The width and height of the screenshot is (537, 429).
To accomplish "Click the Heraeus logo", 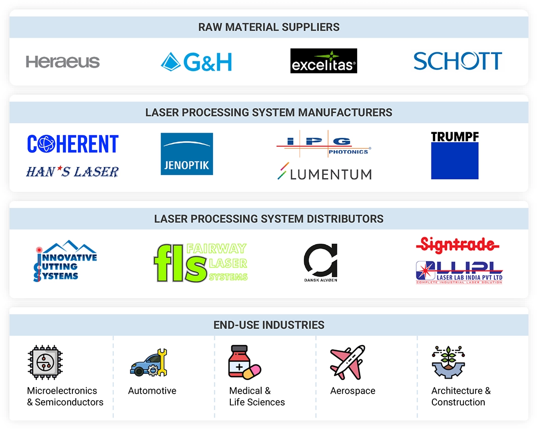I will coord(63,62).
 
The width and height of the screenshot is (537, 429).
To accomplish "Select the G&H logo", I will coord(196,62).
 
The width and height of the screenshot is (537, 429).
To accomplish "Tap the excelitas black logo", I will coord(324,61).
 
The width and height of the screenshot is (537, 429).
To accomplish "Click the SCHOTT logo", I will coord(458,61).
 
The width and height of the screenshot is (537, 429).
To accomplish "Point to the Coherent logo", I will coord(73,144).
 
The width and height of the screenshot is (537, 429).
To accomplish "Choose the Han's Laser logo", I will coord(73,172).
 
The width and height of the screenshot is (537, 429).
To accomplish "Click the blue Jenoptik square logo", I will coord(187,154).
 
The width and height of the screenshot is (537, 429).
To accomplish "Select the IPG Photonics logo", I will coord(324,145).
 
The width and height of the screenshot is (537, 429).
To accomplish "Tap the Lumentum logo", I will coord(324,173).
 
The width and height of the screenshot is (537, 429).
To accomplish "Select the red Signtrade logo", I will coord(457,245).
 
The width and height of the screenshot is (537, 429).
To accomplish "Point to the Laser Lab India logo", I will coord(459,273).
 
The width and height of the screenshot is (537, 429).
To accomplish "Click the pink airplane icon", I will coord(347,362).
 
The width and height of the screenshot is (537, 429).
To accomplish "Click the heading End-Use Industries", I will coord(269,325).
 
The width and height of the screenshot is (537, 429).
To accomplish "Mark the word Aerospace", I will coord(352,391).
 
